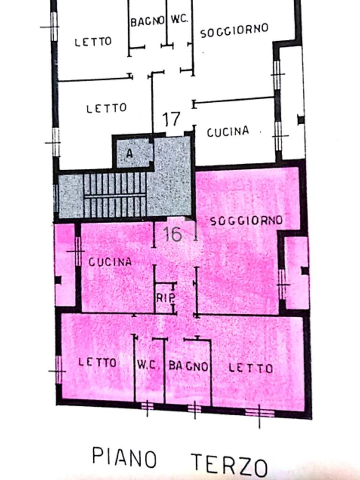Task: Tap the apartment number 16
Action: click(x=172, y=234)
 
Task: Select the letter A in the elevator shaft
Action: click(x=129, y=153)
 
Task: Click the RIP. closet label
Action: click(x=166, y=298)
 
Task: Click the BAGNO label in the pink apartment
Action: click(x=188, y=366)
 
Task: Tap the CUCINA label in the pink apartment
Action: click(x=110, y=262)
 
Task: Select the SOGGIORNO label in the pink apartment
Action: click(x=247, y=220)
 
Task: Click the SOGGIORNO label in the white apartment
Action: click(x=234, y=30)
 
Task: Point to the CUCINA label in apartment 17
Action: click(x=228, y=132)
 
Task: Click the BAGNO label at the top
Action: click(x=147, y=22)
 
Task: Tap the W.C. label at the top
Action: click(x=179, y=19)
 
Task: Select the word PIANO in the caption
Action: click(x=124, y=457)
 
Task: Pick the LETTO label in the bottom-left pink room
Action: click(x=97, y=362)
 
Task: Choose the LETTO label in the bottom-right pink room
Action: click(x=251, y=368)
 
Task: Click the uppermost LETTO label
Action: click(x=93, y=42)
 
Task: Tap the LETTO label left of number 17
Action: click(x=106, y=108)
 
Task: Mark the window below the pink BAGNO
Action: click(x=195, y=409)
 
